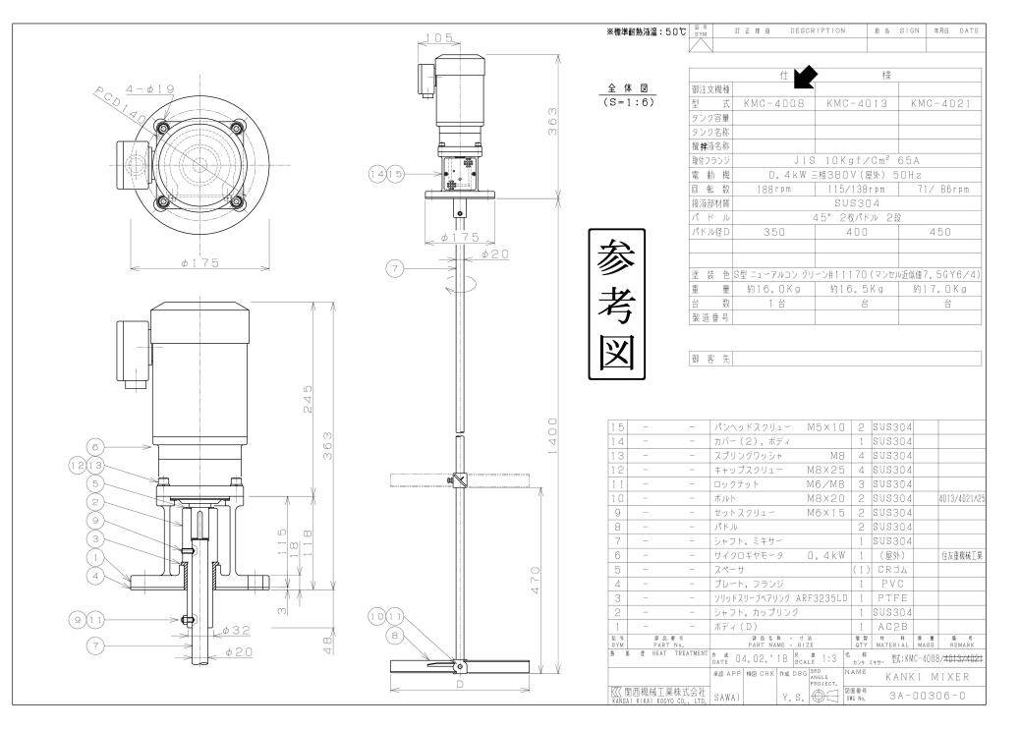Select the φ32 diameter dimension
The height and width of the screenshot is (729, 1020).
click(x=243, y=629)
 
